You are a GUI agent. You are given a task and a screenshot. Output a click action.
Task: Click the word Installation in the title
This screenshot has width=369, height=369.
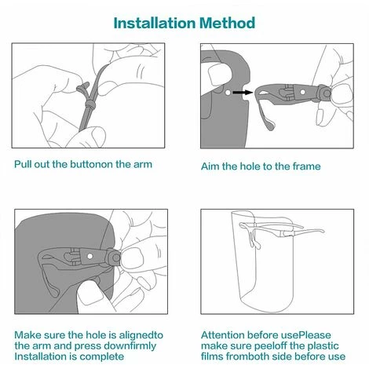pyautogui.click(x=155, y=23)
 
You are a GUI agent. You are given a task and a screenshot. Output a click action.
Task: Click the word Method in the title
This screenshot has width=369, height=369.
pyautogui.click(x=227, y=23)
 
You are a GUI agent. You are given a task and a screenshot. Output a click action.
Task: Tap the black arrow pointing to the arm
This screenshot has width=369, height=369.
pyautogui.click(x=243, y=92)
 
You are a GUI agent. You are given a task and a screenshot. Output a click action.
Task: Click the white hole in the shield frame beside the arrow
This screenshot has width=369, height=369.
pyautogui.click(x=228, y=93)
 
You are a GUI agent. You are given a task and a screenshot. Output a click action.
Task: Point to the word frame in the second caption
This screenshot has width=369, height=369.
pyautogui.click(x=306, y=166)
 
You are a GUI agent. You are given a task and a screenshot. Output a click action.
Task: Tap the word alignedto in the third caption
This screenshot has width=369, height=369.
pyautogui.click(x=141, y=335)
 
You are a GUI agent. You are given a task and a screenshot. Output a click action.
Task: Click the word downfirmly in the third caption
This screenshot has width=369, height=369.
pyautogui.click(x=130, y=346)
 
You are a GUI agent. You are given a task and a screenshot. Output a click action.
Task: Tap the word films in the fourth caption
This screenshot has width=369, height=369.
pyautogui.click(x=212, y=356)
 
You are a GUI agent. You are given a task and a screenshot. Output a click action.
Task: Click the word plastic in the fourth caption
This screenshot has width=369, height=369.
pyautogui.click(x=323, y=346)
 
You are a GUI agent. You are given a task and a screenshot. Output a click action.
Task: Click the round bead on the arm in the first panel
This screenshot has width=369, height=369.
pyautogui.click(x=90, y=104)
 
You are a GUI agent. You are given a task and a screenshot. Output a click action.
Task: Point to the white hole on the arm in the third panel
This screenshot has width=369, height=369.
pyautogui.click(x=90, y=256)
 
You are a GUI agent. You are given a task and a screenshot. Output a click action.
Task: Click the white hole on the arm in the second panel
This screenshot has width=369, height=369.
pyautogui.click(x=303, y=92)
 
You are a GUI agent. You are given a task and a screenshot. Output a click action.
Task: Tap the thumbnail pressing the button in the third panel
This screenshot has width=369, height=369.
pyautogui.click(x=132, y=258)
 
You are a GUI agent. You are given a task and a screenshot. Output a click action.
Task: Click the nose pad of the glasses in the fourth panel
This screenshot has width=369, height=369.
pyautogui.click(x=254, y=241)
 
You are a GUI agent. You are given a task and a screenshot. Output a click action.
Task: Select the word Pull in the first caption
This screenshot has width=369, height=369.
pyautogui.click(x=23, y=164)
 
